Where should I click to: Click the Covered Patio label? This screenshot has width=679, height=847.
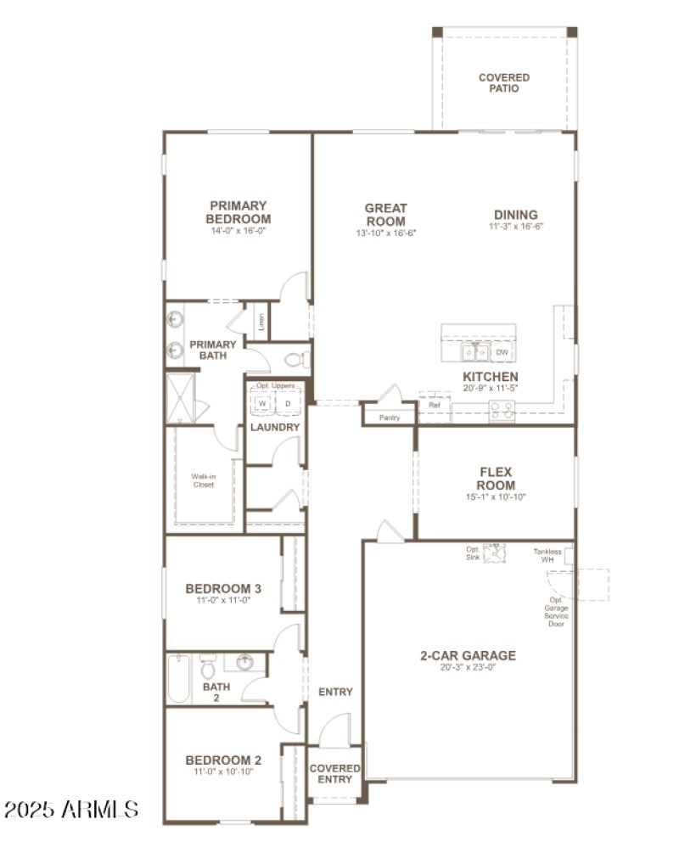[503, 82]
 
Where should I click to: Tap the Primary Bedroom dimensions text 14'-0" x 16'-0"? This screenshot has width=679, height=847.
[238, 231]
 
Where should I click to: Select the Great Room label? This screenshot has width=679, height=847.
[385, 214]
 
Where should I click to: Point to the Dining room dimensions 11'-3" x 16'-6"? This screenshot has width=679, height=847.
[515, 227]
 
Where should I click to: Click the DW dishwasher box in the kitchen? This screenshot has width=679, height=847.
[502, 351]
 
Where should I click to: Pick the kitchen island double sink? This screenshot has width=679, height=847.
[474, 351]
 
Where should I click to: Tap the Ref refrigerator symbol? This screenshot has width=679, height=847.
[434, 406]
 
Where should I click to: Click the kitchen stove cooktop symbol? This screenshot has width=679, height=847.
[501, 410]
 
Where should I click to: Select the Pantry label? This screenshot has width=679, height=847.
[390, 418]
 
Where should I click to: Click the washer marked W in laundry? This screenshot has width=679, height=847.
[262, 403]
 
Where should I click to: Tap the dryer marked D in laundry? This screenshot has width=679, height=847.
[288, 403]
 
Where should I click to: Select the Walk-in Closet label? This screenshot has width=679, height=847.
[203, 480]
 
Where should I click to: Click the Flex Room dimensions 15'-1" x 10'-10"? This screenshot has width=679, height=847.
[497, 497]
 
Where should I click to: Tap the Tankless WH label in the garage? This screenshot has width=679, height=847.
[547, 556]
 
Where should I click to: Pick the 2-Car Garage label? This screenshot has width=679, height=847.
[468, 655]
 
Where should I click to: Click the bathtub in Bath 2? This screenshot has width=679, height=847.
[178, 678]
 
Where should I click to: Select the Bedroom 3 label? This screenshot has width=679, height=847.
[223, 588]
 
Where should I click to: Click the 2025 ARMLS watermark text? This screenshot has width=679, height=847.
[70, 808]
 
